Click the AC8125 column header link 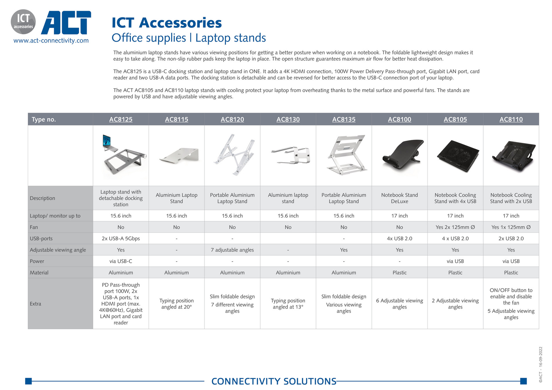121,119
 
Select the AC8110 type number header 511,119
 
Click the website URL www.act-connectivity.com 51,41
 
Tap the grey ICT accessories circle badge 23,22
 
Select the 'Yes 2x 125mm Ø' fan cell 455,227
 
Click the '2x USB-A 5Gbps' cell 121,238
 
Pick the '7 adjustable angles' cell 232,250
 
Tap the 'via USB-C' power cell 121,261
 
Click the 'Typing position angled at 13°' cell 288,304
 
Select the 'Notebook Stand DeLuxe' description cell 399,198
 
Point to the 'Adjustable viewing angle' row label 58,250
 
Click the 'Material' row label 39,273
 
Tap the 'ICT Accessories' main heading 166,23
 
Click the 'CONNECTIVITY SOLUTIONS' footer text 274,381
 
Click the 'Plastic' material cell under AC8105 455,273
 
